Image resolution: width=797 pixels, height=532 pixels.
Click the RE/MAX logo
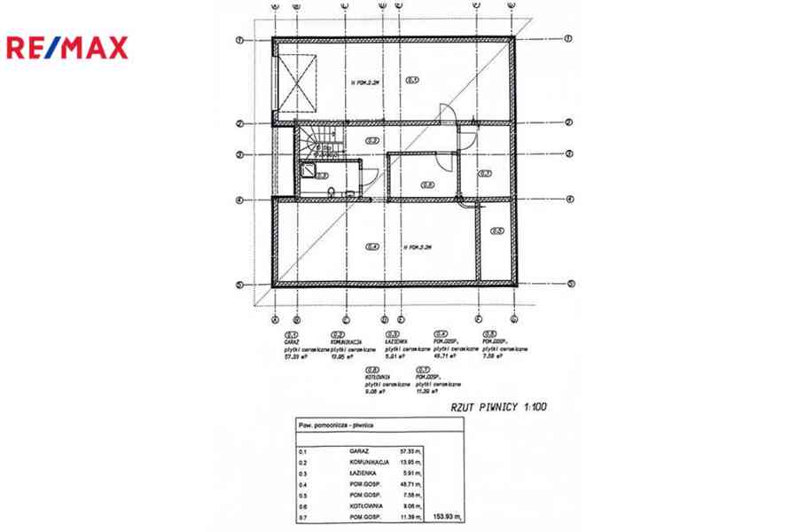click(67, 47)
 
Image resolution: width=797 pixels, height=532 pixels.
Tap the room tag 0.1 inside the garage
click(412, 81)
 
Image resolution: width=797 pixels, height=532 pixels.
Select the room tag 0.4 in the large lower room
click(372, 246)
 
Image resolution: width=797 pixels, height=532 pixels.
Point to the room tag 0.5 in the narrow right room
click(496, 232)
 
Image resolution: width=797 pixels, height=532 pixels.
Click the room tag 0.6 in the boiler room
click(426, 185)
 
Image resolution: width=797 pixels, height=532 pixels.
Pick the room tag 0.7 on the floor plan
click(485, 174)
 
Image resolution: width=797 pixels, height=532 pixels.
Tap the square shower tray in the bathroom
click(308, 172)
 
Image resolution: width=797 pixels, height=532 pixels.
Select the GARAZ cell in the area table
click(358, 450)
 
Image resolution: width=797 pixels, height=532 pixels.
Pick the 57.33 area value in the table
click(409, 450)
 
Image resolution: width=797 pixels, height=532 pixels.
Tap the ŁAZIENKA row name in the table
click(363, 473)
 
